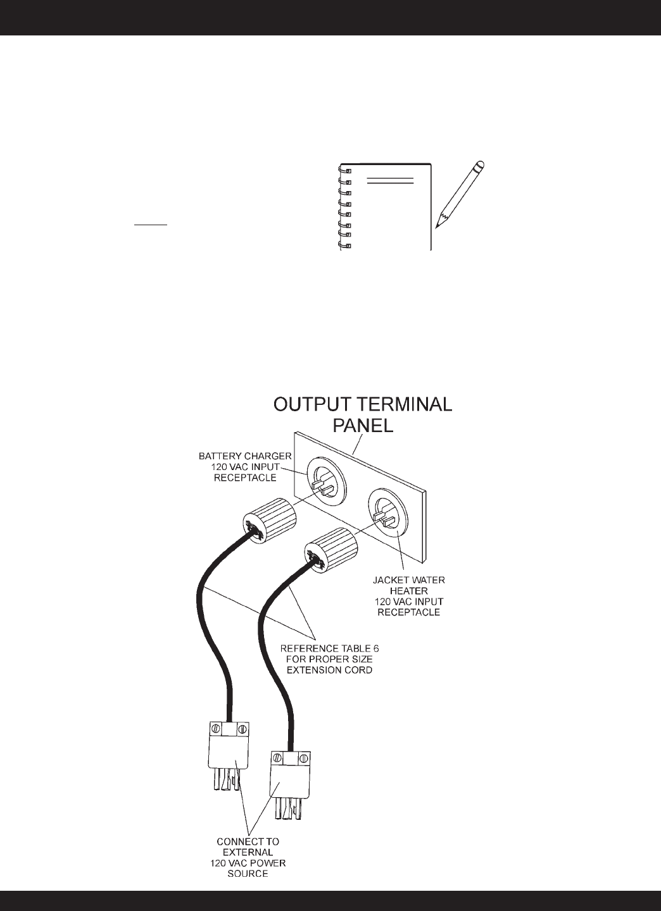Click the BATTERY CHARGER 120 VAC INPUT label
(244, 466)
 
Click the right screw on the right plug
(304, 757)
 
